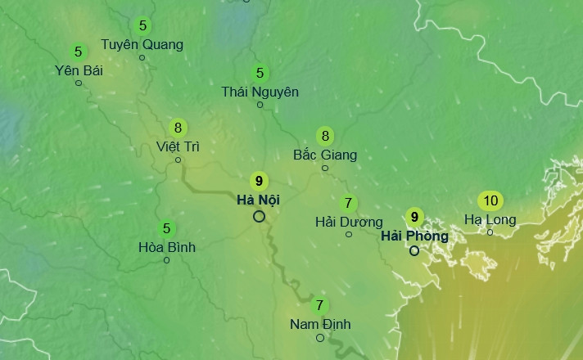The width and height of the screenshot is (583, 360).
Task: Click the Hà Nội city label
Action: [259, 200]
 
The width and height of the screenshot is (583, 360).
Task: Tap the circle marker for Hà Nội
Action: [259, 216]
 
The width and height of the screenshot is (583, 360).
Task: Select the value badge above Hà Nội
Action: [259, 181]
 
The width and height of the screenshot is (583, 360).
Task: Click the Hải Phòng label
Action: [414, 236]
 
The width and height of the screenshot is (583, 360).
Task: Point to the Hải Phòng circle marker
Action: [414, 250]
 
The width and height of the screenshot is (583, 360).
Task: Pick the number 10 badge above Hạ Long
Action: [490, 200]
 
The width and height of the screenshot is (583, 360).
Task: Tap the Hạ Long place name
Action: [490, 219]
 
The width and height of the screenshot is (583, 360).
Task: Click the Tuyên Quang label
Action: [142, 44]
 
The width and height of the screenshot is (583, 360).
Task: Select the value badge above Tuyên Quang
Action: [143, 25]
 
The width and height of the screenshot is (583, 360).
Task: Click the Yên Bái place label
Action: [79, 70]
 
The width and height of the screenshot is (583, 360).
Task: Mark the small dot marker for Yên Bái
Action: [79, 83]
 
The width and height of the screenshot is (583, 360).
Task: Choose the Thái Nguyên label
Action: [260, 92]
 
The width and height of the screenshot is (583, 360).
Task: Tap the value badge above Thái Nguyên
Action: [260, 73]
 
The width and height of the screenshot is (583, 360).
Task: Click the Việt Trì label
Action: [178, 146]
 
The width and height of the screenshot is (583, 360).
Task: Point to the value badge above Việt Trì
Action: [178, 128]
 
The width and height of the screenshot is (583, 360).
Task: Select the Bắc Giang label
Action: [325, 155]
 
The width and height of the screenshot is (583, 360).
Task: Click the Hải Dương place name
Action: [349, 222]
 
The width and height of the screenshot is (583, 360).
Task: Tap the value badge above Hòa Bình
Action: [167, 228]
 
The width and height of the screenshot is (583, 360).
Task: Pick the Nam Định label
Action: [320, 324]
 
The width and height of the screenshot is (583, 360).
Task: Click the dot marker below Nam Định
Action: [320, 337]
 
